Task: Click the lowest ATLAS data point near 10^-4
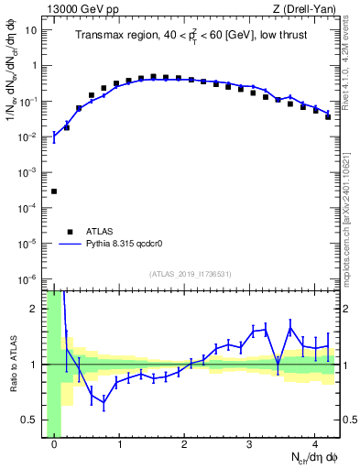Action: point(54,191)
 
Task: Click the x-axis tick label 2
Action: point(184,445)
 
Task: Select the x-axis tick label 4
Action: point(314,445)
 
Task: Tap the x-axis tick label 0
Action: point(54,445)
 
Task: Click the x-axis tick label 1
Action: point(119,445)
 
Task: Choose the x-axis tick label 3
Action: point(249,445)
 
